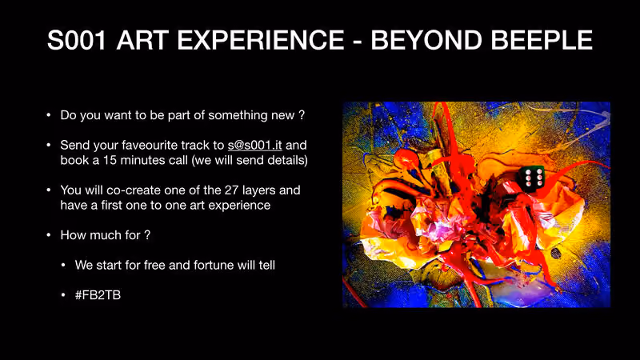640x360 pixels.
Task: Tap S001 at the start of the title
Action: [77, 40]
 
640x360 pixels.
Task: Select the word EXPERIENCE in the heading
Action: [261, 40]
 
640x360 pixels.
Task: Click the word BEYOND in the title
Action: [426, 40]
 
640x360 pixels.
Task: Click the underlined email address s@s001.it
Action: [254, 146]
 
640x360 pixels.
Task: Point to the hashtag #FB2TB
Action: [98, 295]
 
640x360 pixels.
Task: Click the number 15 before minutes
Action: [110, 160]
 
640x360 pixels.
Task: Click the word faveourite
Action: [150, 146]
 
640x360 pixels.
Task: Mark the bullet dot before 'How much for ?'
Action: [49, 235]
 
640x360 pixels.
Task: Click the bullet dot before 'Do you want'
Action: [49, 115]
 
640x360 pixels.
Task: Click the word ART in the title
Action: [142, 40]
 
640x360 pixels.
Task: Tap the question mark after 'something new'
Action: [302, 115]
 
